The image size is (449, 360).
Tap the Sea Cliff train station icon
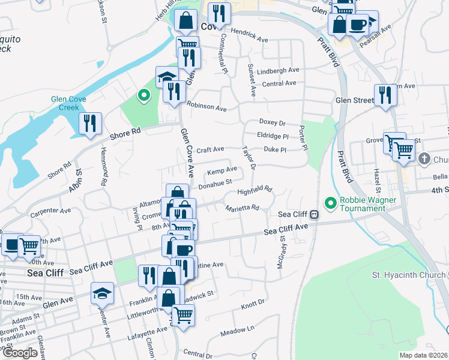(x=314, y=214)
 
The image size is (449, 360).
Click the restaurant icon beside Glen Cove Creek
(x=89, y=123)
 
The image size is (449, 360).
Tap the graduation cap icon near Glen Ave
(x=101, y=293)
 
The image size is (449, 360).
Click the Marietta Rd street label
(x=242, y=208)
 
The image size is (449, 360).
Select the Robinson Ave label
(x=206, y=107)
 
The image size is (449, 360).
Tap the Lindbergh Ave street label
(x=277, y=71)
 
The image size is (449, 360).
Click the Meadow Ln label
(x=237, y=329)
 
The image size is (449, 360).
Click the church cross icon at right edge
(x=424, y=159)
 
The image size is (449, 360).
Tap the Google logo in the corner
(x=20, y=353)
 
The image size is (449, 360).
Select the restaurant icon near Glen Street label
(x=385, y=95)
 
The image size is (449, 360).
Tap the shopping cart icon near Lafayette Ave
(x=182, y=314)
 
